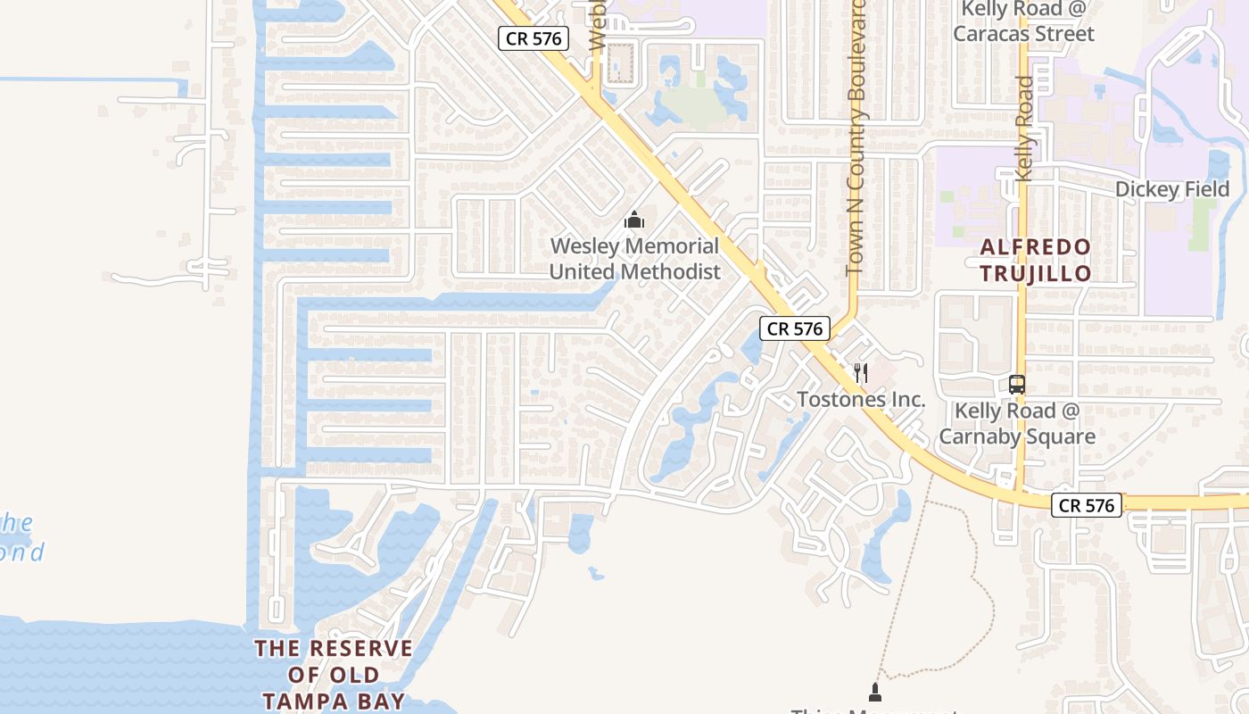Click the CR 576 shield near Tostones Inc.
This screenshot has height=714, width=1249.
pyautogui.click(x=795, y=328)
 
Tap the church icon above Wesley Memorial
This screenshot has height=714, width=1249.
pyautogui.click(x=634, y=220)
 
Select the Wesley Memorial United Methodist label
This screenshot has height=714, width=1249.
pyautogui.click(x=634, y=259)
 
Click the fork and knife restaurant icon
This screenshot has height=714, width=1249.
pyautogui.click(x=861, y=373)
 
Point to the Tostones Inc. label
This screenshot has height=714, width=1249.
pyautogui.click(x=861, y=399)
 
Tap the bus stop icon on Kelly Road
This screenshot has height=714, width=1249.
pyautogui.click(x=1017, y=385)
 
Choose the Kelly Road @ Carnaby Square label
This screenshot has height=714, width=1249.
pyautogui.click(x=1017, y=424)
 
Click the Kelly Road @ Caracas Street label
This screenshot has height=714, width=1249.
pyautogui.click(x=1022, y=21)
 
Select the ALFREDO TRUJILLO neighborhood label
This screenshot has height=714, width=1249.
pyautogui.click(x=1036, y=260)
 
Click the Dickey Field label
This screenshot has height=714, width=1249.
pyautogui.click(x=1172, y=189)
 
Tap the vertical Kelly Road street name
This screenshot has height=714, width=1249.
pyautogui.click(x=1026, y=129)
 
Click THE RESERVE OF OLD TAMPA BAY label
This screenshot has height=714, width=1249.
pyautogui.click(x=334, y=674)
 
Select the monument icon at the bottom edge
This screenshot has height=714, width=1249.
pyautogui.click(x=875, y=693)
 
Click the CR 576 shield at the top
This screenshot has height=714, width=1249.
pyautogui.click(x=533, y=38)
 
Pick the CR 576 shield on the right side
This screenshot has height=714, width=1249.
pyautogui.click(x=1086, y=505)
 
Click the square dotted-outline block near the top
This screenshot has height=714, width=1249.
pyautogui.click(x=620, y=62)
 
